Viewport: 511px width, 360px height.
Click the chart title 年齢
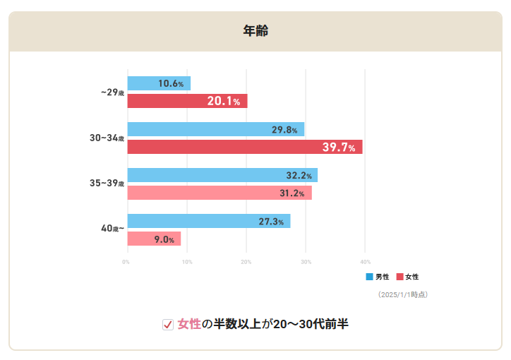point(255,31)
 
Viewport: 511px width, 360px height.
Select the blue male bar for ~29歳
point(159,83)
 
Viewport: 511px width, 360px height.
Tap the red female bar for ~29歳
point(187,101)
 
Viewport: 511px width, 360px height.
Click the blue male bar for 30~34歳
point(215,129)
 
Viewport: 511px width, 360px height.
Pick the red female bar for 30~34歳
point(244,147)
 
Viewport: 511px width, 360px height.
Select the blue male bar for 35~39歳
point(222,175)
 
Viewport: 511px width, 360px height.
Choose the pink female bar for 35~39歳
point(219,193)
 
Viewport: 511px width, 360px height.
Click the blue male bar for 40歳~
point(208,221)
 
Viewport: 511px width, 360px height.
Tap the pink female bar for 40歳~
point(154,239)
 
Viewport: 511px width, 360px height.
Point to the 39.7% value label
point(338,147)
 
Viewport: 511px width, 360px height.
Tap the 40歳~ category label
point(112,229)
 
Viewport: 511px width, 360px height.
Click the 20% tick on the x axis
point(246,262)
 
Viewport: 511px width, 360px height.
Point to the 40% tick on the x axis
point(365,262)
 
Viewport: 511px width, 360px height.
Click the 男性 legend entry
point(378,277)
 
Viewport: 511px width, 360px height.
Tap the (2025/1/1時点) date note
point(403,294)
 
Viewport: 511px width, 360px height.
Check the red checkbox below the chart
point(168,325)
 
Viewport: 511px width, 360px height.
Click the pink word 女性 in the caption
point(189,324)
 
